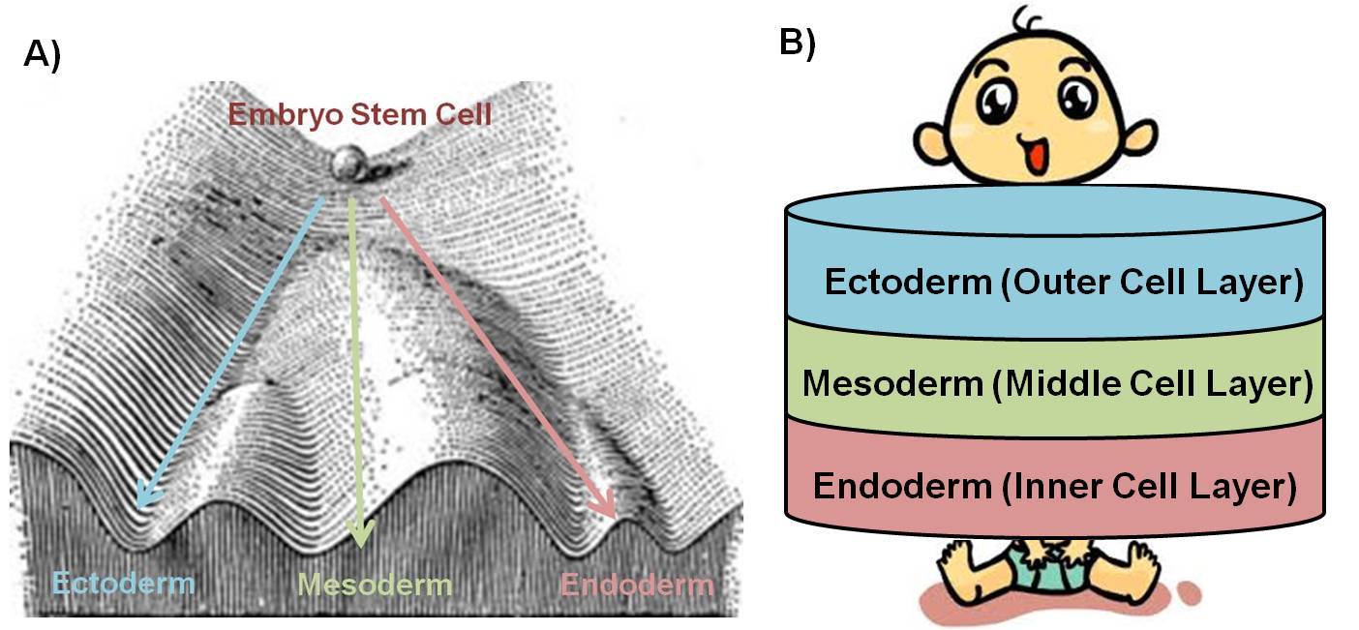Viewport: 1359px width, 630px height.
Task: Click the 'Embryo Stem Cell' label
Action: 360,115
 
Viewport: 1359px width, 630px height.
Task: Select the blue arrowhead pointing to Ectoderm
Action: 145,495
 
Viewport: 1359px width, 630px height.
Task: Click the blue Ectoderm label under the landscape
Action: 123,583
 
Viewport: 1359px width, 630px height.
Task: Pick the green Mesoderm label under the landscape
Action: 375,585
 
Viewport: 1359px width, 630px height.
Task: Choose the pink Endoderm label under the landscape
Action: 637,585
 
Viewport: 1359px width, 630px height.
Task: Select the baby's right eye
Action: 1075,95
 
